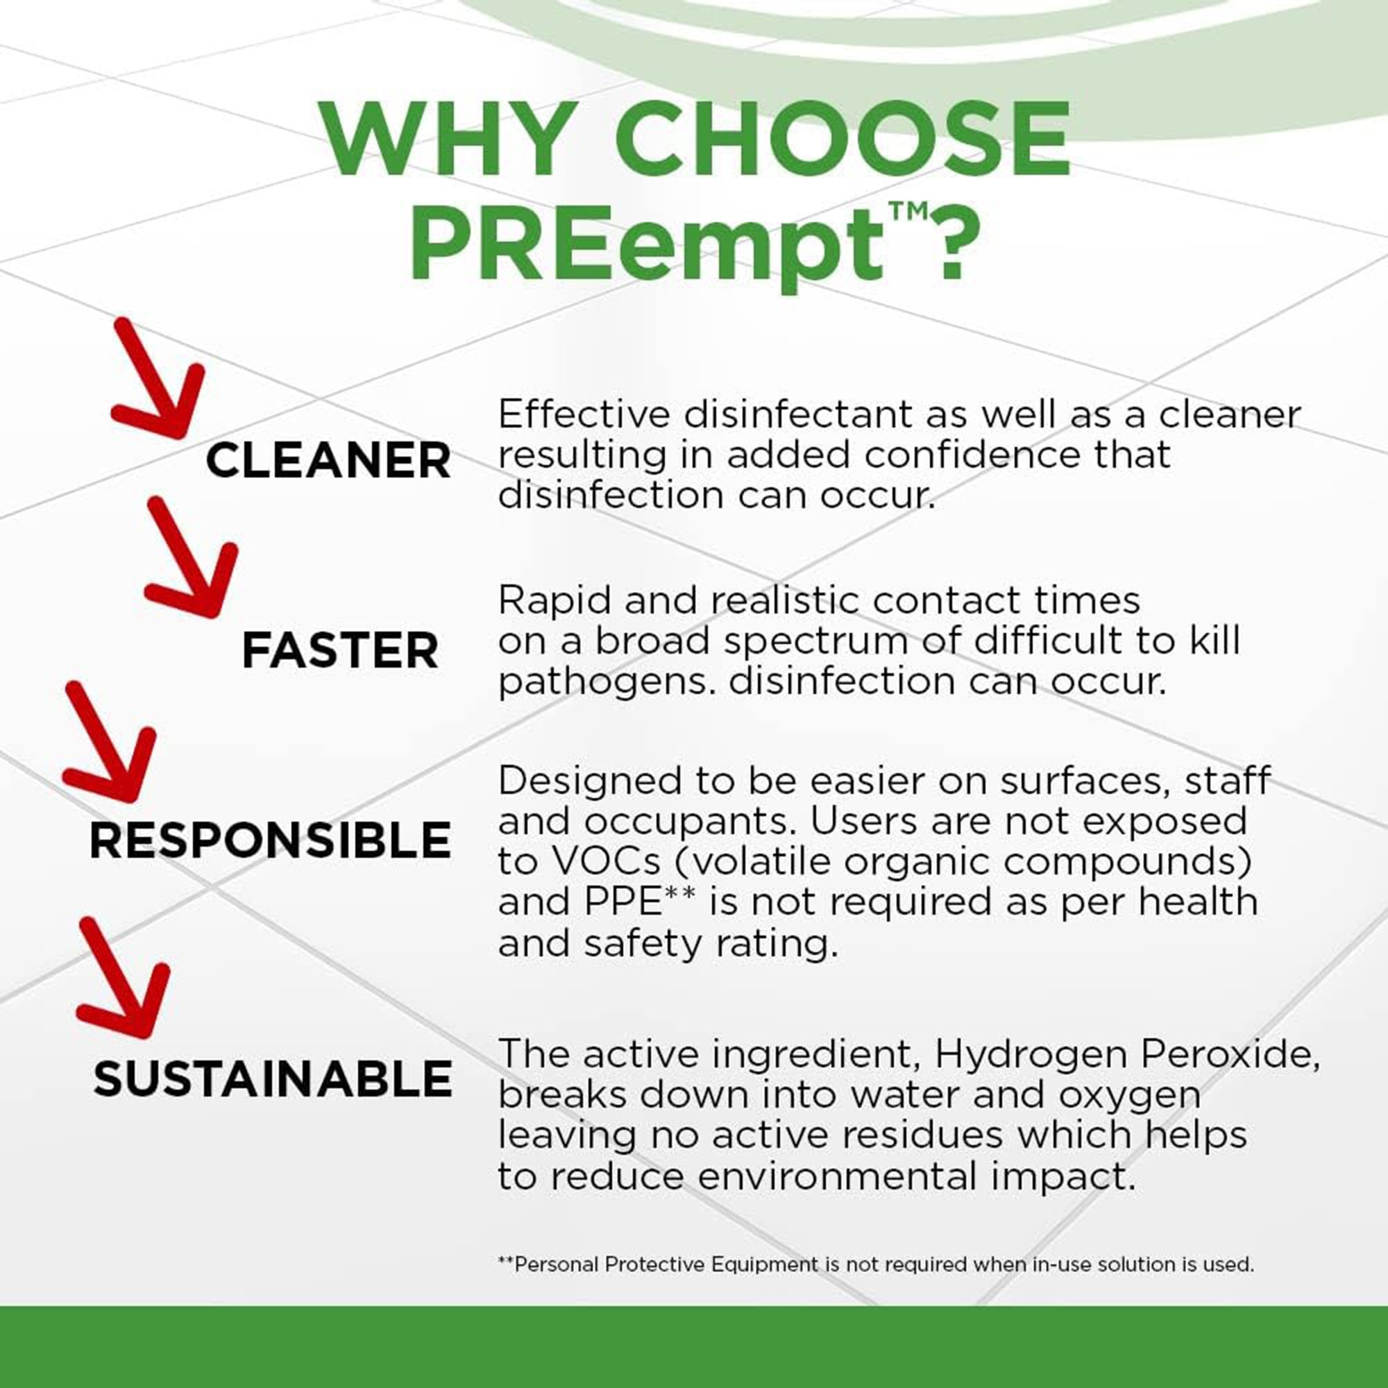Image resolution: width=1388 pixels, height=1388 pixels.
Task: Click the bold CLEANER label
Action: pyautogui.click(x=328, y=461)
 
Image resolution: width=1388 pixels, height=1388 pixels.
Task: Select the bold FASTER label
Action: pyautogui.click(x=340, y=651)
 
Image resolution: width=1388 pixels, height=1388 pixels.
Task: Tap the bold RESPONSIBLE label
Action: pyautogui.click(x=270, y=841)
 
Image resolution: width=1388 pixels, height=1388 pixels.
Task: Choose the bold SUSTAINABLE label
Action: pyautogui.click(x=273, y=1080)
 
